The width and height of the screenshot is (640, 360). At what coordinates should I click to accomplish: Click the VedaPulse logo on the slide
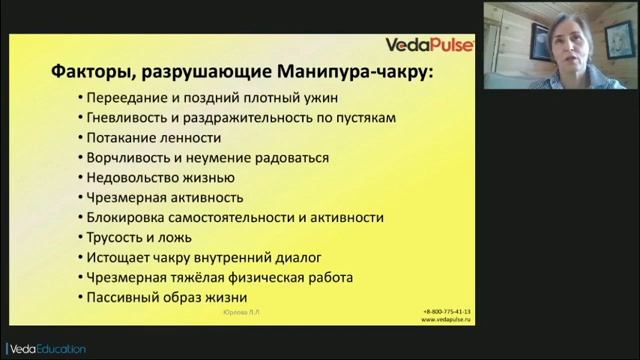point(429,44)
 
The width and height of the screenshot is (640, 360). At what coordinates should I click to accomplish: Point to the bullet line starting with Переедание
point(214,97)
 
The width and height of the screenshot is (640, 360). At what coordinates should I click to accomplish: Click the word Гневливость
point(123,117)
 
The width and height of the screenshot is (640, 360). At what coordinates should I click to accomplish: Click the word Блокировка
point(123,217)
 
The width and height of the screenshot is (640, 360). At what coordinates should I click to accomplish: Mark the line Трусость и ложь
point(139,237)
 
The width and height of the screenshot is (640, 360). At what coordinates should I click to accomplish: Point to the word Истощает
point(117,257)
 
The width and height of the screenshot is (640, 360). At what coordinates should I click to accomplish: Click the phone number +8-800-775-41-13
point(446,311)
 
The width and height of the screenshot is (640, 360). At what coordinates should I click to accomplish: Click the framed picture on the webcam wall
point(620,40)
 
